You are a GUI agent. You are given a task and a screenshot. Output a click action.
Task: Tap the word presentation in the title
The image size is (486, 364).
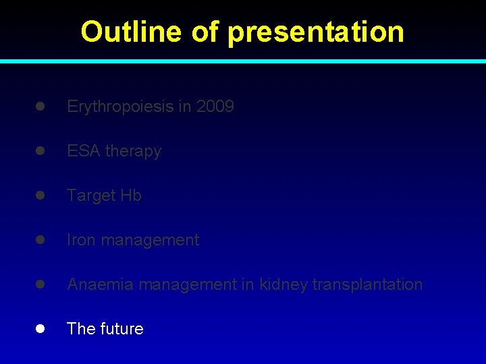coord(316,32)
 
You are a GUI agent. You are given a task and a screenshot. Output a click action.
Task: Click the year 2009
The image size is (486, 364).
coord(215,107)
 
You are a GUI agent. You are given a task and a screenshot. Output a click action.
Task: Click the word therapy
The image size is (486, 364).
coord(133,151)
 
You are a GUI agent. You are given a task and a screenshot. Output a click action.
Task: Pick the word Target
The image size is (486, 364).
coord(91,195)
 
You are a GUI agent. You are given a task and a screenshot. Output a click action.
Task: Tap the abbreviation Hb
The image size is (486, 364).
coord(131,195)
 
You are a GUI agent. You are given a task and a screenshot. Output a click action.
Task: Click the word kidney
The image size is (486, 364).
coord(283,284)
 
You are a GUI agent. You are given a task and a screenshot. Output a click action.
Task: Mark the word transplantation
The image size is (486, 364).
coord(367,284)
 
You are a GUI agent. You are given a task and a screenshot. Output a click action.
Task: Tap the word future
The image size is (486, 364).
coord(123,329)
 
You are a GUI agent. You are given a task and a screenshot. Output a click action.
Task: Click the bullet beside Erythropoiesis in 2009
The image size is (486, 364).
coord(40,107)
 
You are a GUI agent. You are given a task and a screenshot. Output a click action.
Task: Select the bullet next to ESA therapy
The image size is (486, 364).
coord(40,151)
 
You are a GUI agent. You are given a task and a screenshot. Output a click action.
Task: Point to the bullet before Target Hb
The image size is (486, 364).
coord(40,195)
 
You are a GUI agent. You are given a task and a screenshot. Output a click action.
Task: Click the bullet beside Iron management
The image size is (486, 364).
coord(40,240)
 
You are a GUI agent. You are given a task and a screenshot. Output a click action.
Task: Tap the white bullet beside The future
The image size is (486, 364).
coord(40,329)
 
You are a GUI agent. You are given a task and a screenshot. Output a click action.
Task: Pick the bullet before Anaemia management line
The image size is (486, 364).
coord(40,284)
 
